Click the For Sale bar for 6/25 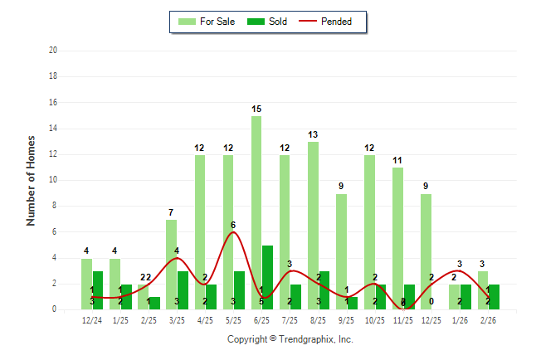click(x=256, y=212)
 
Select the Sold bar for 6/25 click(x=268, y=277)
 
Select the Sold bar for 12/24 click(x=98, y=290)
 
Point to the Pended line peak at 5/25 click(x=233, y=232)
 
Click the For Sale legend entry click(x=207, y=22)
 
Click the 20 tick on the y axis click(x=53, y=51)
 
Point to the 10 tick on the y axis click(x=53, y=180)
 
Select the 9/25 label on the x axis click(x=346, y=320)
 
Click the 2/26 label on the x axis click(x=488, y=320)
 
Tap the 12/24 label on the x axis click(x=92, y=320)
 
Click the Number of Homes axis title click(x=31, y=180)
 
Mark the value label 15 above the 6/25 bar click(x=256, y=109)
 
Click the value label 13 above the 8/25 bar click(x=313, y=134)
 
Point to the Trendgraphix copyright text click(x=290, y=339)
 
